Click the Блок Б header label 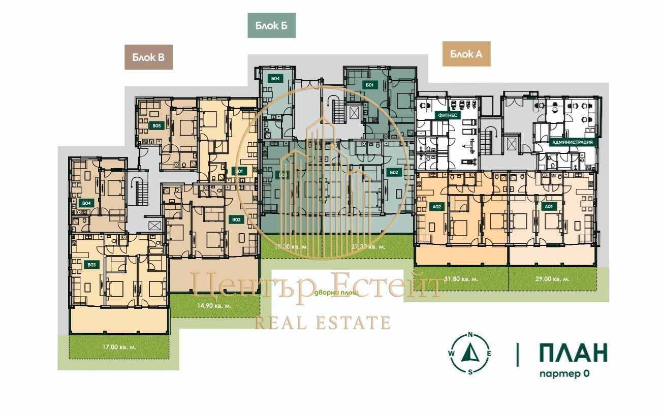[x=271, y=26]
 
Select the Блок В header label [x=148, y=57]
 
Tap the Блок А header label [x=466, y=54]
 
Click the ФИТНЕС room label [x=446, y=115]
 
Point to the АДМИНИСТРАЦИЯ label [x=572, y=142]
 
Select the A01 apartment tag [x=548, y=207]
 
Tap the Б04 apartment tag [x=275, y=79]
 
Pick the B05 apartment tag [x=156, y=125]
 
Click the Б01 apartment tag [x=369, y=85]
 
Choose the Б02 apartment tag [x=394, y=172]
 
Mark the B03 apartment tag [x=91, y=265]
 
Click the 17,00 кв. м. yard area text [x=116, y=347]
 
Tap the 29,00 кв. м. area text [x=552, y=279]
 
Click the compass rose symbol [x=470, y=354]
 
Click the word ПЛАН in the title [x=573, y=353]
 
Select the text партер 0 [x=564, y=374]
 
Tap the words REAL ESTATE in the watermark [x=322, y=323]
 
